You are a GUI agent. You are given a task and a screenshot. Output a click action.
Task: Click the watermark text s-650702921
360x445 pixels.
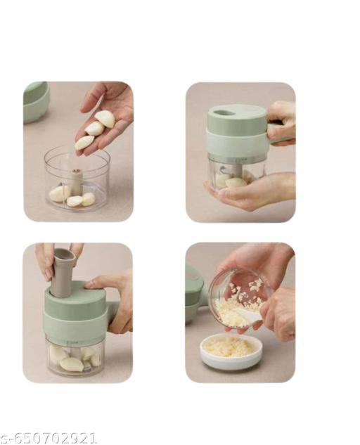tap(49, 438)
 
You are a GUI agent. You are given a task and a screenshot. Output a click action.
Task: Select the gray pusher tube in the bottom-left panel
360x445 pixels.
tap(63, 271)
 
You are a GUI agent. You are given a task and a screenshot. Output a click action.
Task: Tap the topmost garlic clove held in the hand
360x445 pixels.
tap(105, 119)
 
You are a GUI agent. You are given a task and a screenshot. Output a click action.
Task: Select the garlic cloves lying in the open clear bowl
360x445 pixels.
tap(70, 195)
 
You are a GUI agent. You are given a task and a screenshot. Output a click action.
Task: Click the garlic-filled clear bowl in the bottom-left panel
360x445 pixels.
tap(73, 359)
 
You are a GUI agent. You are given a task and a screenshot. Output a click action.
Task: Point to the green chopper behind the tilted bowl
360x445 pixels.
tap(195, 295)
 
